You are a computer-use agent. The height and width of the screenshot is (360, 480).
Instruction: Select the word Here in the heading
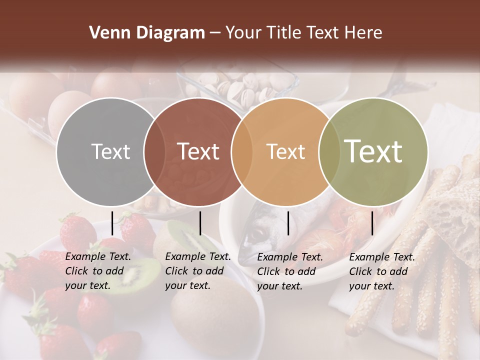[x=364, y=33]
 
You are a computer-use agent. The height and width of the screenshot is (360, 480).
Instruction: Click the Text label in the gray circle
[x=110, y=151]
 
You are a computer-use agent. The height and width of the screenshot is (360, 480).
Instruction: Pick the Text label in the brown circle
[x=198, y=151]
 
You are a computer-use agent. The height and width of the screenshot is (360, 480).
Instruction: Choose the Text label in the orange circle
[x=285, y=151]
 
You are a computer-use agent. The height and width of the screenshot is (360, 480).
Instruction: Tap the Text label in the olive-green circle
[x=373, y=151]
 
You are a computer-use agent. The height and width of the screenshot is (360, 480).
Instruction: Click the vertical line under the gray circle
[x=112, y=223]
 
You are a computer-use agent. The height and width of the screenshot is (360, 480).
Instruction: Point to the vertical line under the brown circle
[x=200, y=223]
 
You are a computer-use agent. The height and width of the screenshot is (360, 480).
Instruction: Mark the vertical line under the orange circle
[x=288, y=223]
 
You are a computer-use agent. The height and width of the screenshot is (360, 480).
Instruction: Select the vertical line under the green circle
[x=372, y=223]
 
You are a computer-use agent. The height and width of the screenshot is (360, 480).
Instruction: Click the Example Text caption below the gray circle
[x=98, y=271]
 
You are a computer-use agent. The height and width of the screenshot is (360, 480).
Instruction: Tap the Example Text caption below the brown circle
[x=198, y=271]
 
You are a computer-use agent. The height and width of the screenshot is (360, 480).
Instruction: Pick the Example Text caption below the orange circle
[x=290, y=271]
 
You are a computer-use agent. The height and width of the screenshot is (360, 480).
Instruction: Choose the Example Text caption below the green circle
[x=382, y=271]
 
